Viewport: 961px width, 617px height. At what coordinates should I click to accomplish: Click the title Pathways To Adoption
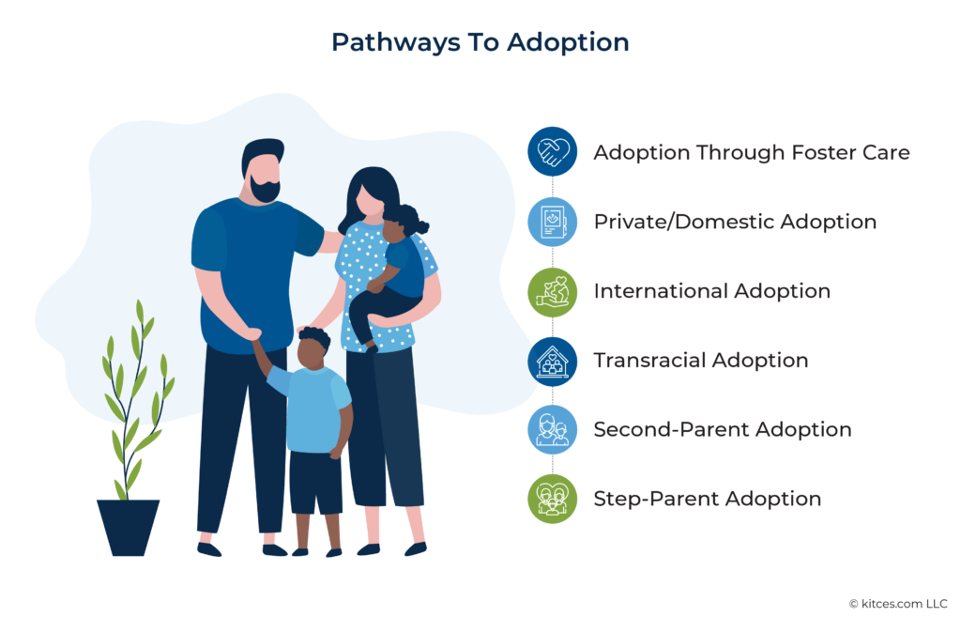[x=480, y=42]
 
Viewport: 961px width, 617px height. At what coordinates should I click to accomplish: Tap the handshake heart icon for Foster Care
[x=552, y=152]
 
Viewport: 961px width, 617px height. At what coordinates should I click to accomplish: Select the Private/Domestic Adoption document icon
[x=552, y=222]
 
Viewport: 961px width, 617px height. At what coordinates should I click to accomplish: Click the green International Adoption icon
[x=552, y=291]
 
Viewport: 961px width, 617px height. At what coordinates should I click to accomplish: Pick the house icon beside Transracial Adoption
[x=552, y=361]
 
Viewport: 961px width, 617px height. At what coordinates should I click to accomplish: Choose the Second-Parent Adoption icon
[x=552, y=430]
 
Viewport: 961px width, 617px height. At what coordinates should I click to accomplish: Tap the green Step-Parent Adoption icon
[x=552, y=499]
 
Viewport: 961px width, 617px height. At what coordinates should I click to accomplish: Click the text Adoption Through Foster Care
[x=751, y=152]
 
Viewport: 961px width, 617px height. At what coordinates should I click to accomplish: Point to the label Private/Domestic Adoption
[x=735, y=222]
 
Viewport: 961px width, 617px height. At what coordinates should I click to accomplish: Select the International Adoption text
[x=711, y=291]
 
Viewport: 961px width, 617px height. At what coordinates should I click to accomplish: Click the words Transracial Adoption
[x=700, y=361]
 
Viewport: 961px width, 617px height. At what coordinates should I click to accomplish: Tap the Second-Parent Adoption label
[x=722, y=430]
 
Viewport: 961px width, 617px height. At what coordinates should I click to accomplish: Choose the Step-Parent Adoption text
[x=707, y=499]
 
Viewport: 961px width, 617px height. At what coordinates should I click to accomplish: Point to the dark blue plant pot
[x=128, y=527]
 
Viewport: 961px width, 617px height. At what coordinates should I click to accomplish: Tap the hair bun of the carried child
[x=420, y=226]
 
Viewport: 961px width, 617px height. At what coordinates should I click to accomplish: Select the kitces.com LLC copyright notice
[x=897, y=602]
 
